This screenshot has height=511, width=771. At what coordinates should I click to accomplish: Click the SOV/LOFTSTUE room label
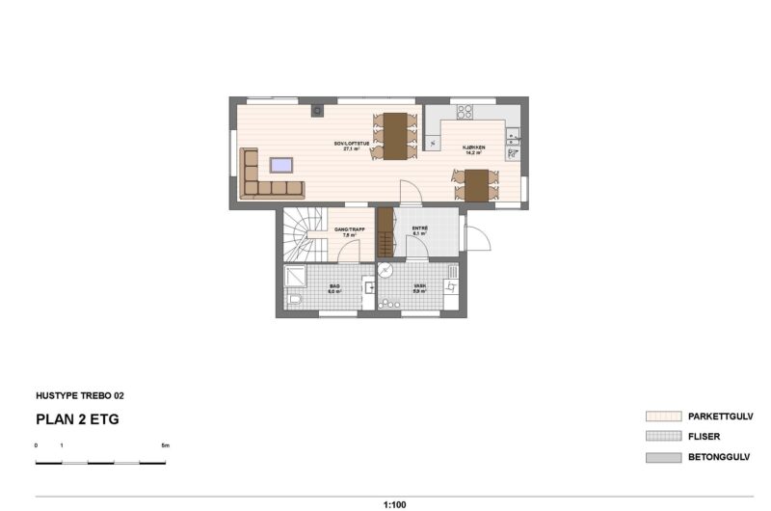[352, 146]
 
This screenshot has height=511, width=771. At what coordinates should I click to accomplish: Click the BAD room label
[334, 287]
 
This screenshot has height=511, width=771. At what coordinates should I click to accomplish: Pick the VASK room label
[419, 287]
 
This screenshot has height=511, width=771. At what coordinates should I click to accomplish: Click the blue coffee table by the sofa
[282, 163]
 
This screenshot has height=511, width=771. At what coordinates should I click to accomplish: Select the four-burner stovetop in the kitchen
[464, 112]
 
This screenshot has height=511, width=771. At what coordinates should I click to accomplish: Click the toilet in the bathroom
[295, 304]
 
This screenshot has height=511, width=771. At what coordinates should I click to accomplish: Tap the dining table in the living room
[393, 134]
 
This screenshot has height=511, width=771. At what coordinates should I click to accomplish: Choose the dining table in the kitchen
[476, 184]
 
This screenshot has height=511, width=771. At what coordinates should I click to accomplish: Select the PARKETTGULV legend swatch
[663, 417]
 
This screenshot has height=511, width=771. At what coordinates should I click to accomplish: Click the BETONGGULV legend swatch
[663, 457]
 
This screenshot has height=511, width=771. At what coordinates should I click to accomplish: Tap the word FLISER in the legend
[705, 437]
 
